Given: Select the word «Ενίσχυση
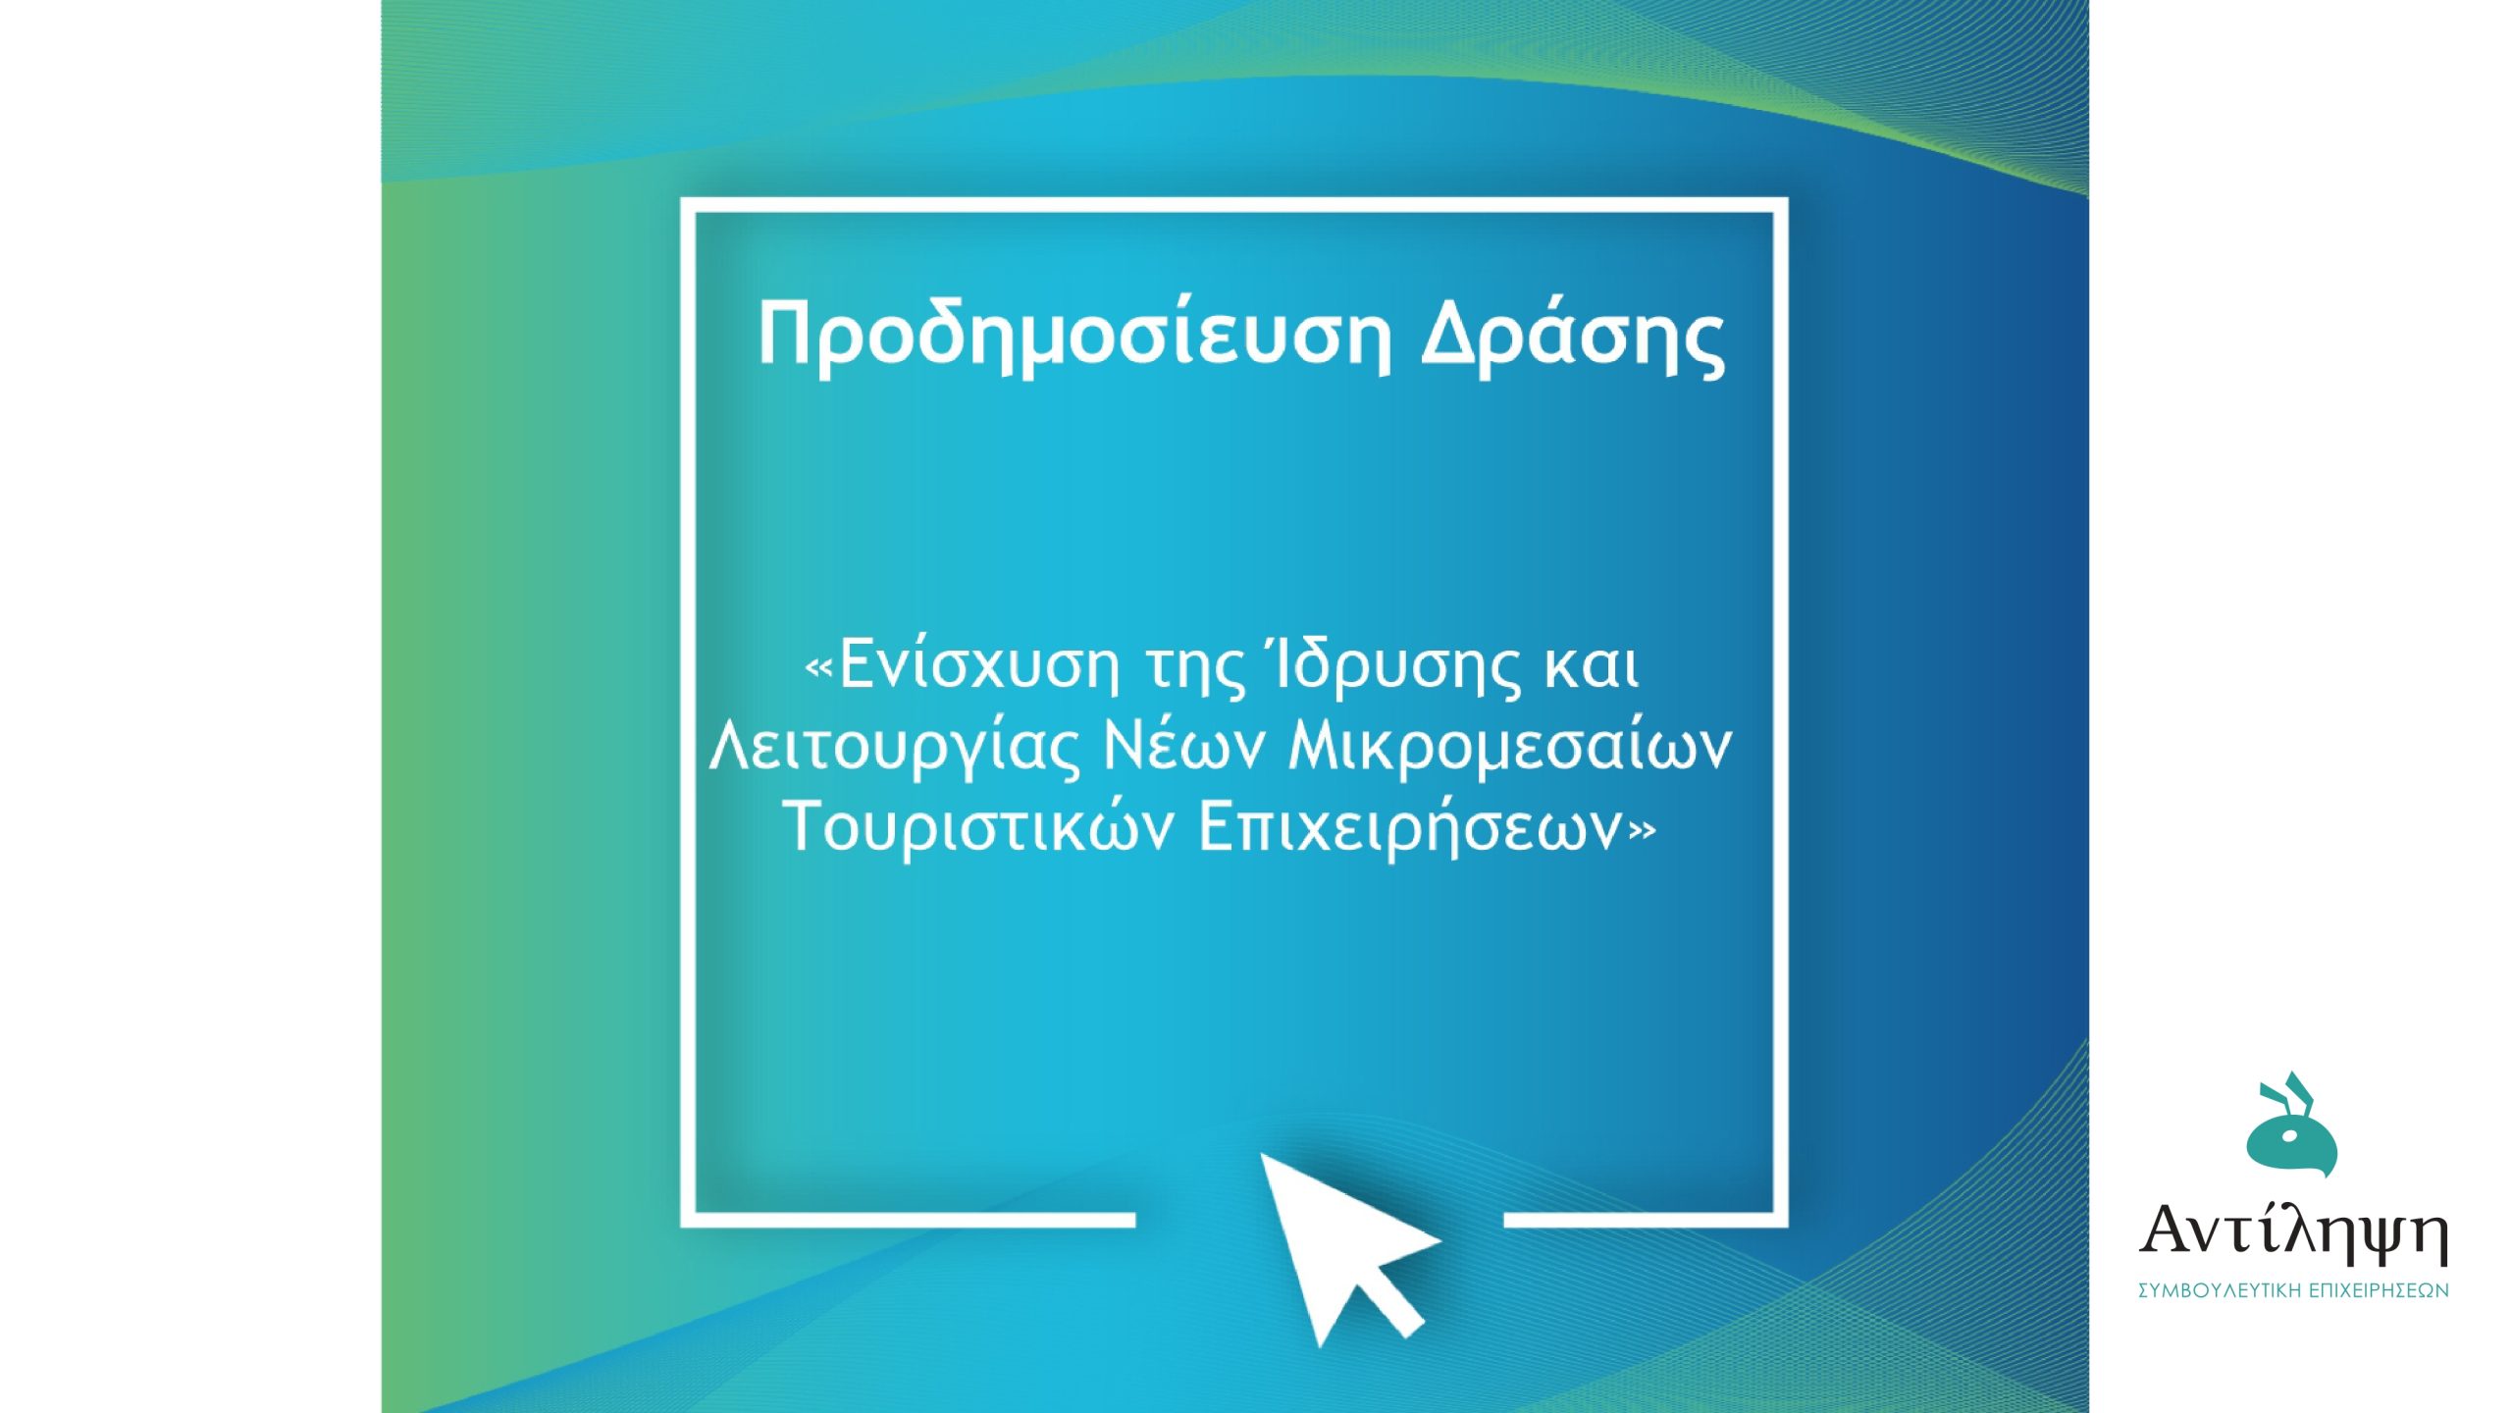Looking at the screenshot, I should click(962, 667).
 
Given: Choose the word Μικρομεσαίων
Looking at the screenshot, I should click(1510, 748).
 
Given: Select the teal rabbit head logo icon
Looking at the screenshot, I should click(2291, 1138).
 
